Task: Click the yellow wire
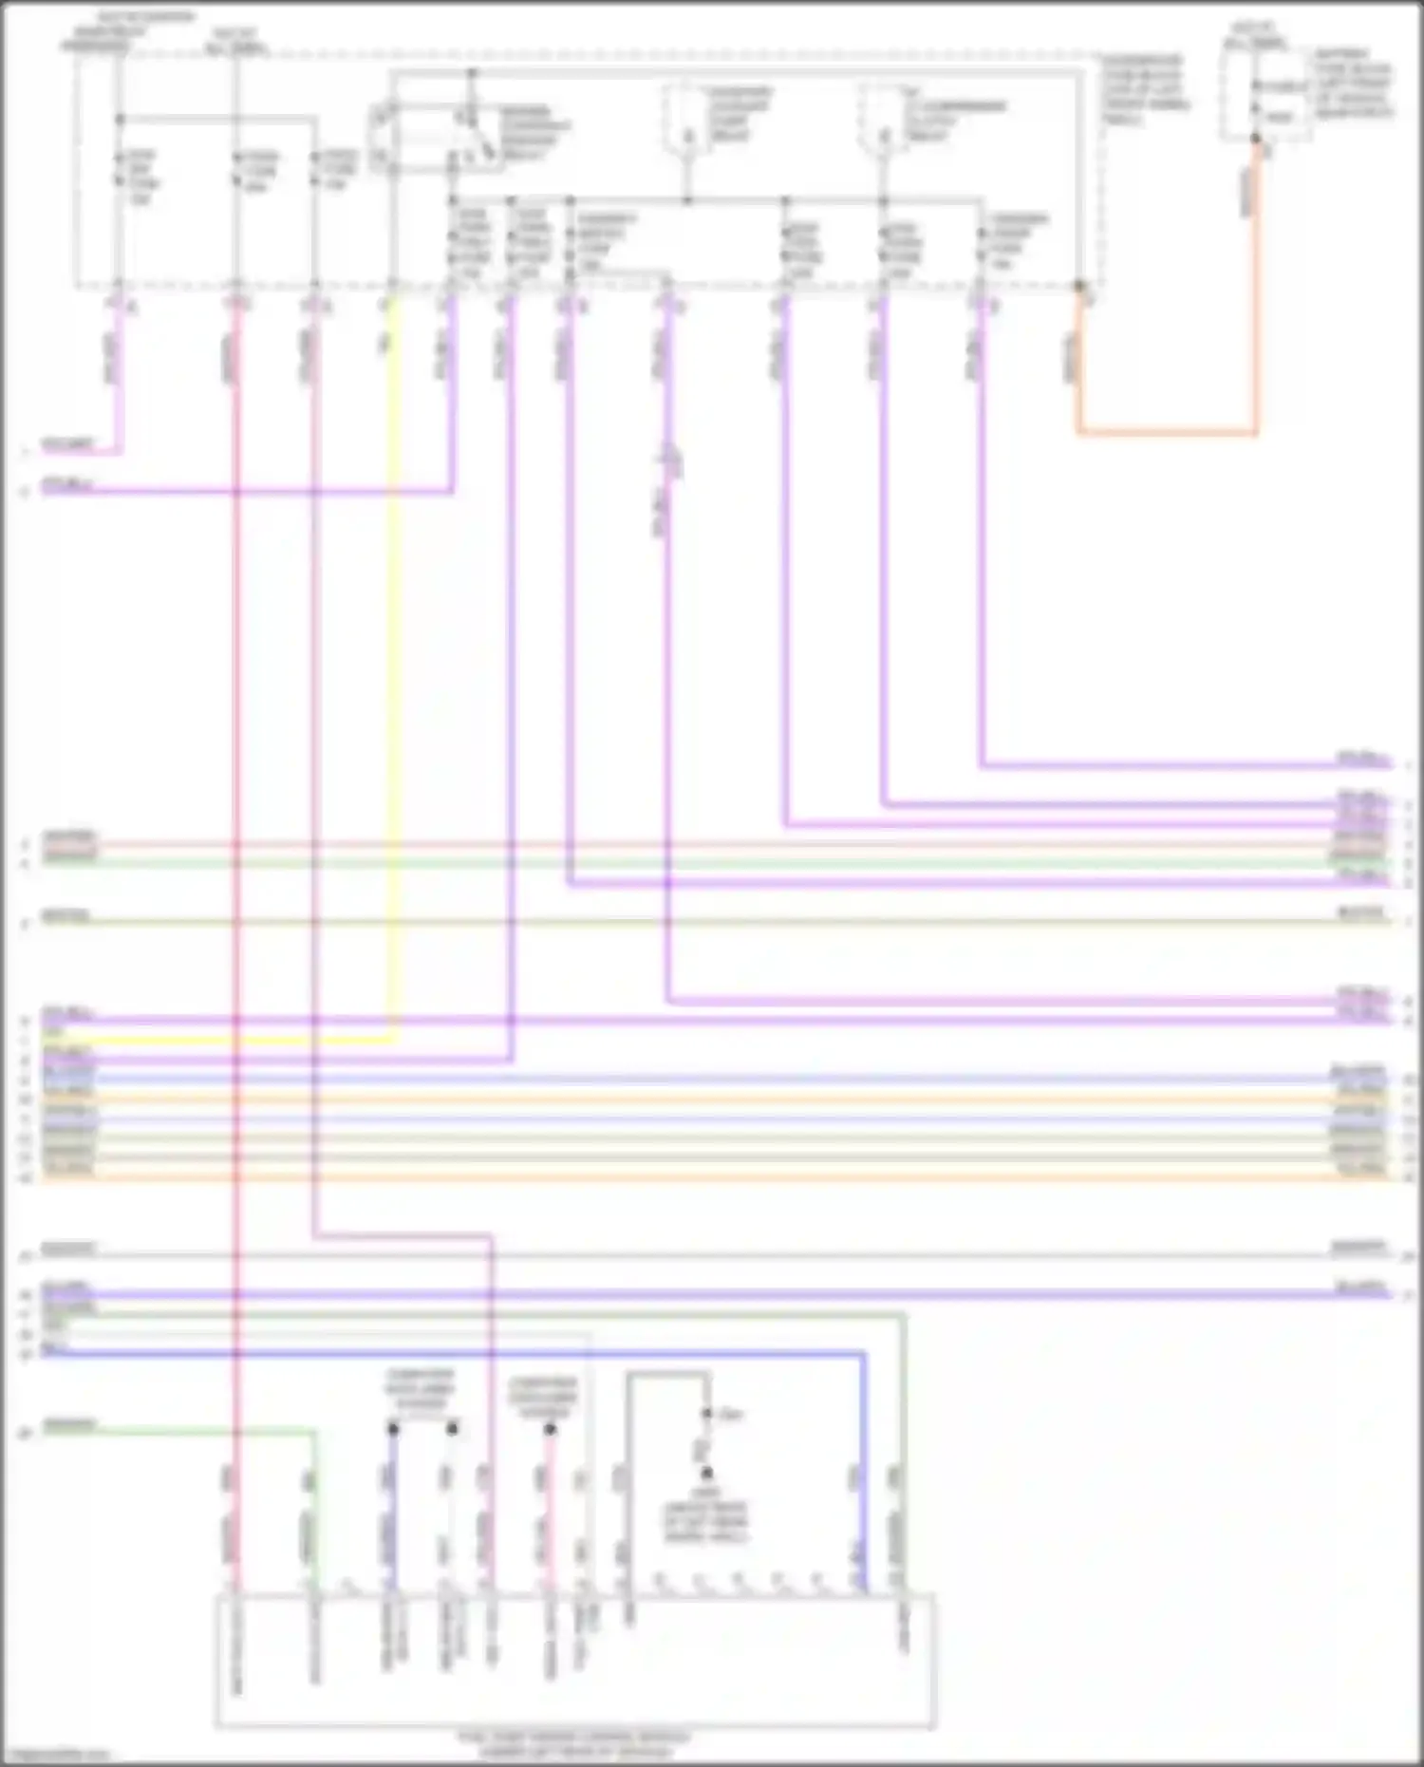[392, 665]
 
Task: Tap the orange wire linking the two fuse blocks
[1168, 433]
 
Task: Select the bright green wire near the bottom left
[180, 1430]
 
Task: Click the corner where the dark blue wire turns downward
[863, 1354]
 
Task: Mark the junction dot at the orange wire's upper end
[1256, 140]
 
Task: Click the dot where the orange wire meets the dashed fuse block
[1079, 286]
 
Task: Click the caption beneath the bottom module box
[574, 1743]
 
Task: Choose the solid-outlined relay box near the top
[437, 138]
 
